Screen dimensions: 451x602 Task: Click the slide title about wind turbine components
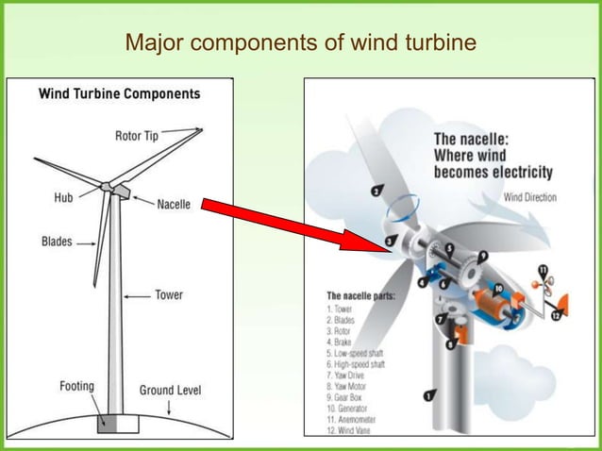coord(301,43)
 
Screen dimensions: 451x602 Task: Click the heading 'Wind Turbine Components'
coord(118,94)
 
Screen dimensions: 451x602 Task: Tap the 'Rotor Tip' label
coord(137,136)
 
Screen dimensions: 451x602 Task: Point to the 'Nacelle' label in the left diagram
coord(174,204)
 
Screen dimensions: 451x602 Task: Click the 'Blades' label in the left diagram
coord(57,242)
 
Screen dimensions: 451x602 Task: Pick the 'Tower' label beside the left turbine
coord(169,295)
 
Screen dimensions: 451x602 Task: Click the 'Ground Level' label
coord(171,390)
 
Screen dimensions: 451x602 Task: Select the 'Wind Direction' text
coord(529,197)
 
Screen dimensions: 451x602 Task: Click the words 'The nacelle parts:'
coord(360,296)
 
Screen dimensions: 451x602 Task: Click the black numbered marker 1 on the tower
coord(430,396)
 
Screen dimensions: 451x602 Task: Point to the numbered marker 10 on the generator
coord(498,288)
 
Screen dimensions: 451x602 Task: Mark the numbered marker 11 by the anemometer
coord(543,271)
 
